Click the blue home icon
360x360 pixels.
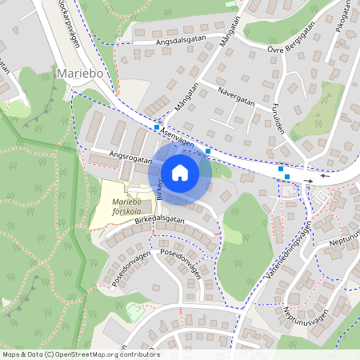pos(180,172)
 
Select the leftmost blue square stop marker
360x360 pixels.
pos(157,126)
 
